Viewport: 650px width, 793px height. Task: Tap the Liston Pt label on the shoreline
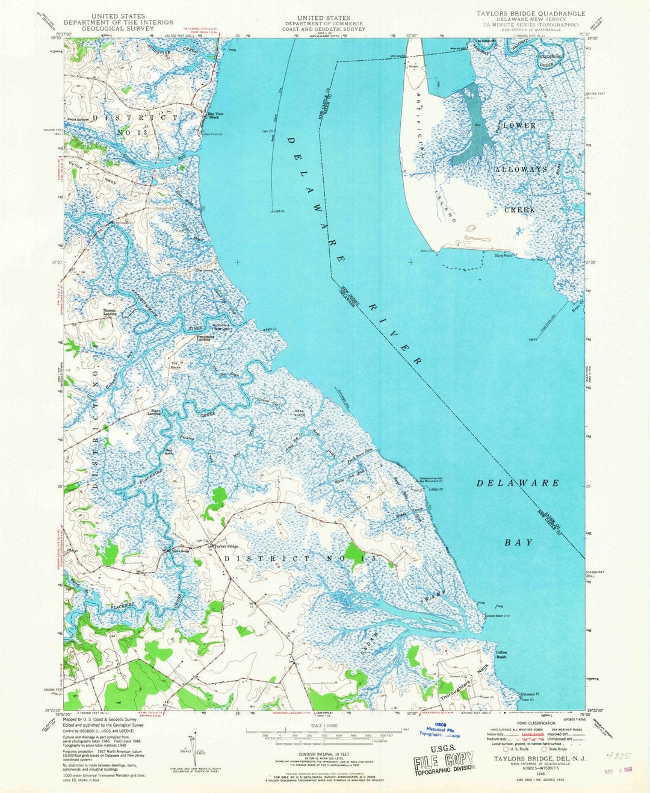436,490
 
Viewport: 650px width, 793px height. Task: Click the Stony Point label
503,256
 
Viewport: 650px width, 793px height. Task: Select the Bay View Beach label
217,115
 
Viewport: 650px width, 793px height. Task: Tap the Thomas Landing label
110,313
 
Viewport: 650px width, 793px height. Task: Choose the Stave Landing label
155,412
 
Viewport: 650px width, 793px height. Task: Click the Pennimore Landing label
204,338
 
